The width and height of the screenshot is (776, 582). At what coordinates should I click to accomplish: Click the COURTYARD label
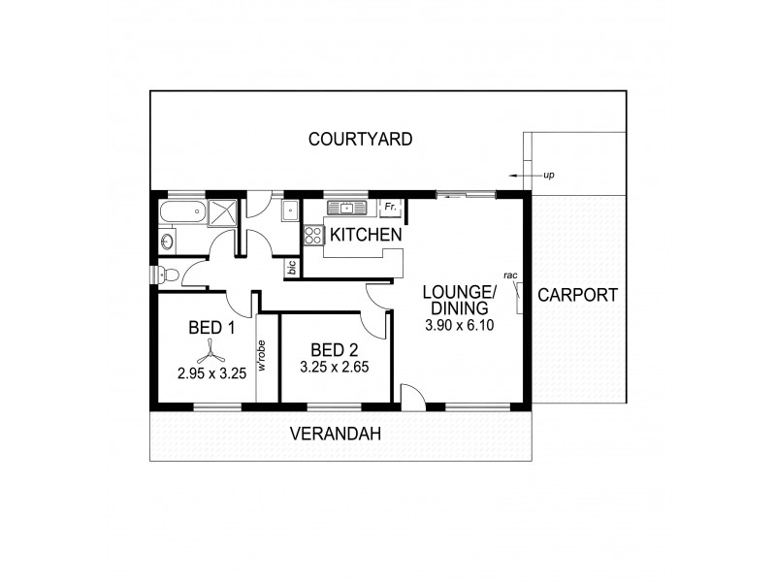click(x=360, y=140)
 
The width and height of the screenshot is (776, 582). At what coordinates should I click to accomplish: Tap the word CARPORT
click(x=577, y=296)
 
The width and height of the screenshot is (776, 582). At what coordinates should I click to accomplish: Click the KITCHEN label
click(x=366, y=235)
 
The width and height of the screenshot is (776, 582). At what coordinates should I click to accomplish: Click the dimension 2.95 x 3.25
click(x=211, y=372)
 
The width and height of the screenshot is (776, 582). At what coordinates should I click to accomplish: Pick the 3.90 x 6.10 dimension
click(x=460, y=326)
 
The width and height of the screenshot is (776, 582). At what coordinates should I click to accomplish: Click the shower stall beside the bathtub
click(x=222, y=211)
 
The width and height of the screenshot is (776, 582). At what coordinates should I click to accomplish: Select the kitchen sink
click(x=344, y=208)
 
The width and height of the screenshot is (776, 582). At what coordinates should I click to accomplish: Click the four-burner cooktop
click(x=313, y=235)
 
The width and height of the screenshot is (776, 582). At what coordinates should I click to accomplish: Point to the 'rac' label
click(x=510, y=275)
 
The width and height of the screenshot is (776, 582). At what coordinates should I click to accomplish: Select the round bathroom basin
click(x=166, y=240)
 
